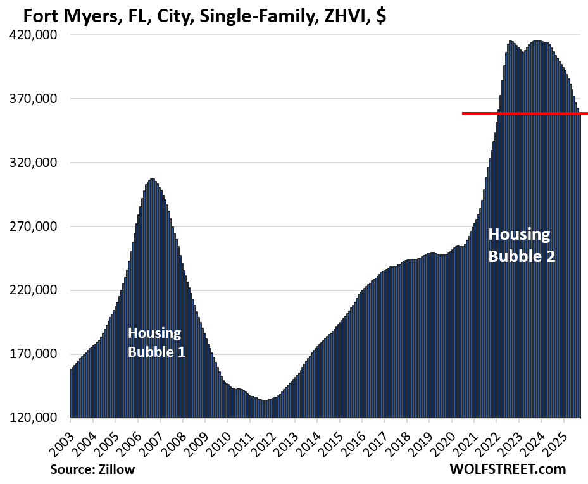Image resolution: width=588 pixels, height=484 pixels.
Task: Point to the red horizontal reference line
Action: pos(525,113)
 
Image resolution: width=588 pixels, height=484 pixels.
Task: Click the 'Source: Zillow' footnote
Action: pos(92,469)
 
